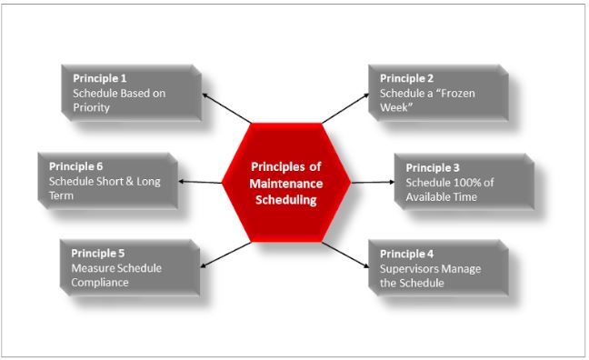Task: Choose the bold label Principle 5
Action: tap(96, 254)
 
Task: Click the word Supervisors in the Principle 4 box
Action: tap(410, 268)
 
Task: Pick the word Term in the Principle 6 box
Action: tap(62, 195)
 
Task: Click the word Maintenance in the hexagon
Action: tap(285, 183)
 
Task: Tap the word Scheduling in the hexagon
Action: tap(285, 199)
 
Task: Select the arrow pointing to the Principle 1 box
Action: tap(227, 107)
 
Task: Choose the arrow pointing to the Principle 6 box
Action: tap(201, 182)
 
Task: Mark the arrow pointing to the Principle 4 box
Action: tap(344, 255)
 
